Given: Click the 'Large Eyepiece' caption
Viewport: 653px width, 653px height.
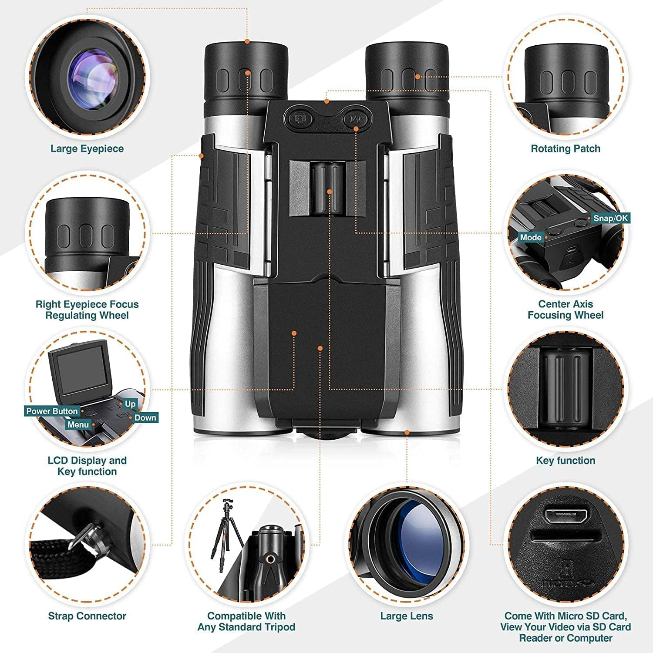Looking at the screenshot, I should coord(87,149).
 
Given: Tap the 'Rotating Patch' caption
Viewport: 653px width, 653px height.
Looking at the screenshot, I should coord(565,149).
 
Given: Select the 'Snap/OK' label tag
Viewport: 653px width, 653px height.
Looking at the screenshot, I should coord(611,218).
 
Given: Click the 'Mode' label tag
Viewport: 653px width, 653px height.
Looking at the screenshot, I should coord(531,238).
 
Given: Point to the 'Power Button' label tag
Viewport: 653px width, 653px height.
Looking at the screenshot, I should coord(52,411).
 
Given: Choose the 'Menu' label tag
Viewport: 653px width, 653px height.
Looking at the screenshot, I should coord(78,424).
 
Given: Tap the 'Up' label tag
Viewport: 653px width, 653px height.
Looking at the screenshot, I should coord(130,404).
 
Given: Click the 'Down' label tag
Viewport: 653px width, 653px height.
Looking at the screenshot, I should coord(145,418).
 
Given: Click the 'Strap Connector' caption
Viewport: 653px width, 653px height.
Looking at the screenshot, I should coord(87,616).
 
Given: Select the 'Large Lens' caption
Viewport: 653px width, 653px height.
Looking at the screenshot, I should coord(407,616).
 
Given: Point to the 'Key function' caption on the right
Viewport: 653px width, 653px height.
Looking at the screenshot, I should coord(565,461).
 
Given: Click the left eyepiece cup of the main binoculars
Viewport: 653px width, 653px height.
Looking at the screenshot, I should coord(246,70).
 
